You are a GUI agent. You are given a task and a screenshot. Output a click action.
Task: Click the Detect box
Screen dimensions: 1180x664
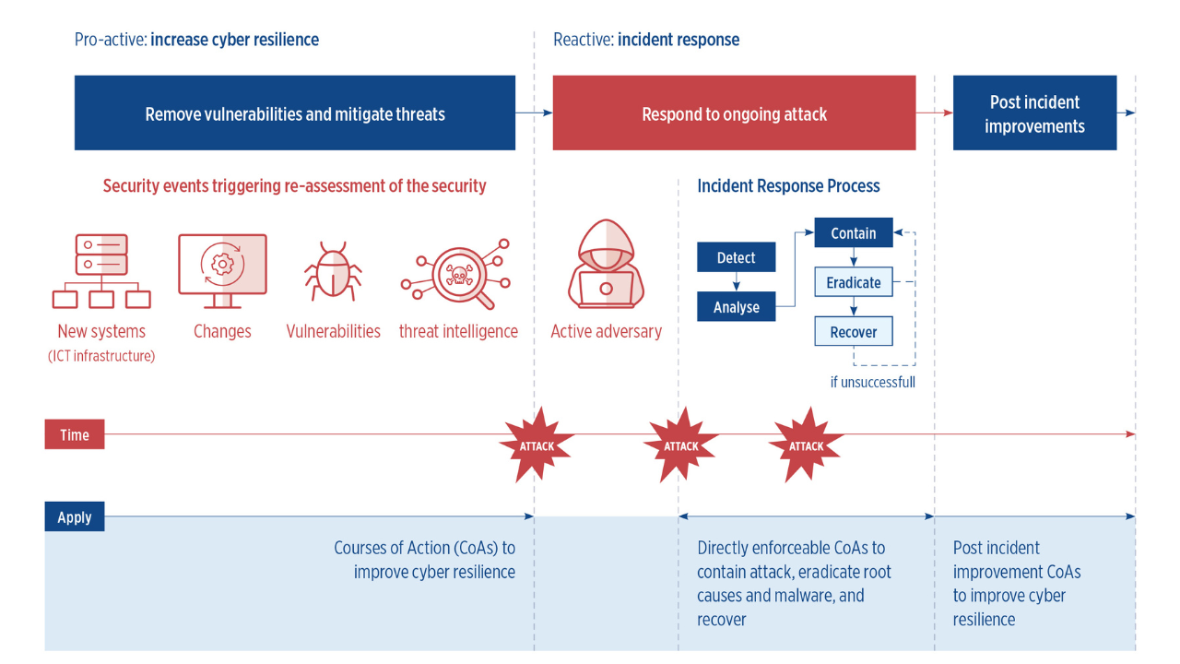[x=736, y=257]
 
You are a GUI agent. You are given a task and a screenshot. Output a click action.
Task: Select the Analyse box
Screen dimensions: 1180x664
[x=736, y=307]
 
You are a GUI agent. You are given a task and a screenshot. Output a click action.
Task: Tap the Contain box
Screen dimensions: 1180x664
[x=854, y=232]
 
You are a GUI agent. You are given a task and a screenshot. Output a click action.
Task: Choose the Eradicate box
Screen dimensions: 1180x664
[x=854, y=282]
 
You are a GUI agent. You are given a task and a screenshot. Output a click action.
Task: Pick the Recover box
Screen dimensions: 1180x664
[x=854, y=331]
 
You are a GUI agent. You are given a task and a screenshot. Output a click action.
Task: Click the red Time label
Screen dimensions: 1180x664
[x=75, y=434]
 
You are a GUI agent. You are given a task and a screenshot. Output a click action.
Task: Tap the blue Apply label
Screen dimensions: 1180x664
[x=75, y=516]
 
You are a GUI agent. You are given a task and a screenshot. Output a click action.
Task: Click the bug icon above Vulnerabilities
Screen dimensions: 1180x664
[x=333, y=271]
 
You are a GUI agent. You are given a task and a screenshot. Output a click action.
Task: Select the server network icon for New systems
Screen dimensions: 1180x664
[x=101, y=271]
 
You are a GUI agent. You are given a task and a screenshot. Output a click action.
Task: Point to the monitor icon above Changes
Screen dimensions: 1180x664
[x=222, y=271]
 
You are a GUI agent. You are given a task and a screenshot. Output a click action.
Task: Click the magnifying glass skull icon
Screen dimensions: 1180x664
[x=455, y=274]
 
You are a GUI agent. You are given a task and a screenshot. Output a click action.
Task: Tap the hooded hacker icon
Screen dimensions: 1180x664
[x=606, y=264]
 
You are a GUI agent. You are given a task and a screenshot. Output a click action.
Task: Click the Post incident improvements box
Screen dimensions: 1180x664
[x=1034, y=113]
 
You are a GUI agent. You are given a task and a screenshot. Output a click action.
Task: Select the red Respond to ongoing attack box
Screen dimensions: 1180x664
[x=734, y=113]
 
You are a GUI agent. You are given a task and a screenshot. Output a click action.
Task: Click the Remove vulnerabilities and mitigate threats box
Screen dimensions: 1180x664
[x=294, y=113]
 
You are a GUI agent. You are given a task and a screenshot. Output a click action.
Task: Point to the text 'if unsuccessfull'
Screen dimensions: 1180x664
[x=872, y=382]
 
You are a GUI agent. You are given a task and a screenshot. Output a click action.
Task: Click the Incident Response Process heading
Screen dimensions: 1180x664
[x=788, y=186]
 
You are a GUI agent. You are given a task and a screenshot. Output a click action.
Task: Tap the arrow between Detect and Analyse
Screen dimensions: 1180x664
[x=736, y=282]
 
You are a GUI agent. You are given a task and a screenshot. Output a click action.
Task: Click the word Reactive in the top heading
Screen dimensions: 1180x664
[x=584, y=40]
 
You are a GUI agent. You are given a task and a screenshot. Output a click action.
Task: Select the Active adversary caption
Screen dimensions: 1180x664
[x=606, y=331]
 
